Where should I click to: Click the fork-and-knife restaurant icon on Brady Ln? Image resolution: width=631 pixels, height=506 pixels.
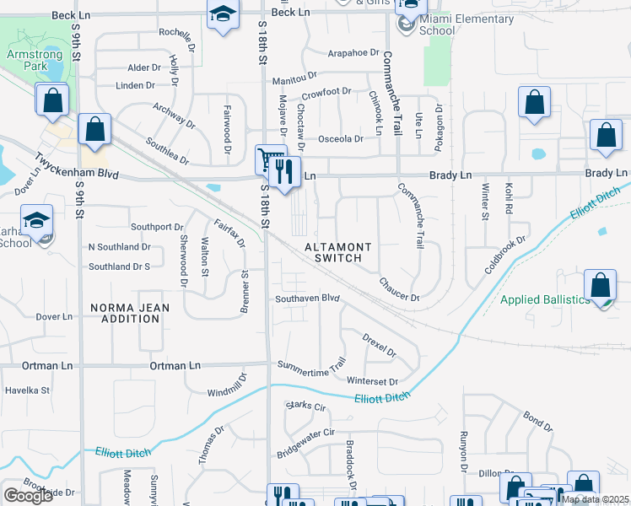289,172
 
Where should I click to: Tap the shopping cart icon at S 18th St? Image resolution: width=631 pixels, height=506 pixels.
268,159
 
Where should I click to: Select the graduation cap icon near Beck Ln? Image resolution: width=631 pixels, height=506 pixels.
222,14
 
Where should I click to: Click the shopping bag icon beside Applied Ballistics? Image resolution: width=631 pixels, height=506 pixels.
600,285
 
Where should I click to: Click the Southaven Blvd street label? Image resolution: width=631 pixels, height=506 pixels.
307,299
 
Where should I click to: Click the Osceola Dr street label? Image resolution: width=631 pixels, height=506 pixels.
340,139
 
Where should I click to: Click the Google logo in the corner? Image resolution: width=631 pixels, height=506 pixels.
29,496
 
